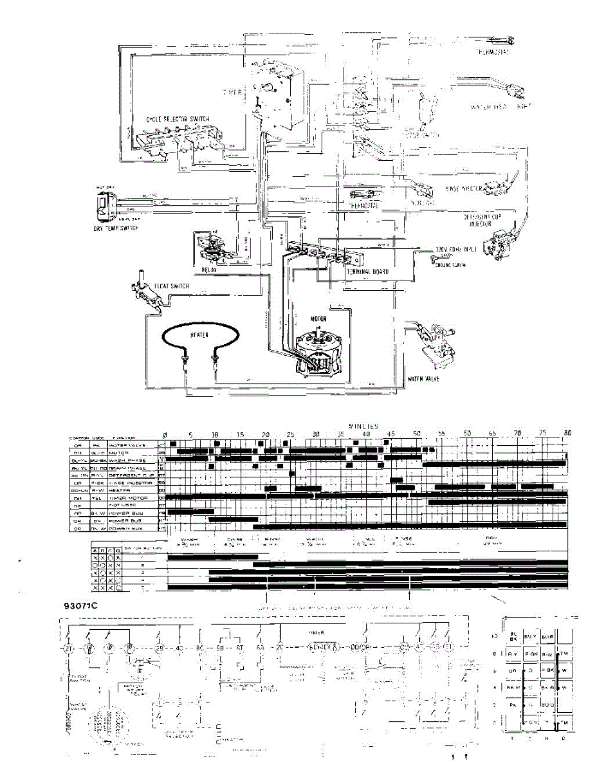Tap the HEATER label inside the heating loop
tap(199, 335)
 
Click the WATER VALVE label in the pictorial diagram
tap(422, 379)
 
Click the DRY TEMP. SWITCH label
tap(117, 228)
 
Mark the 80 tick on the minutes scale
tap(567, 434)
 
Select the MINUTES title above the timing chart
tap(363, 426)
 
